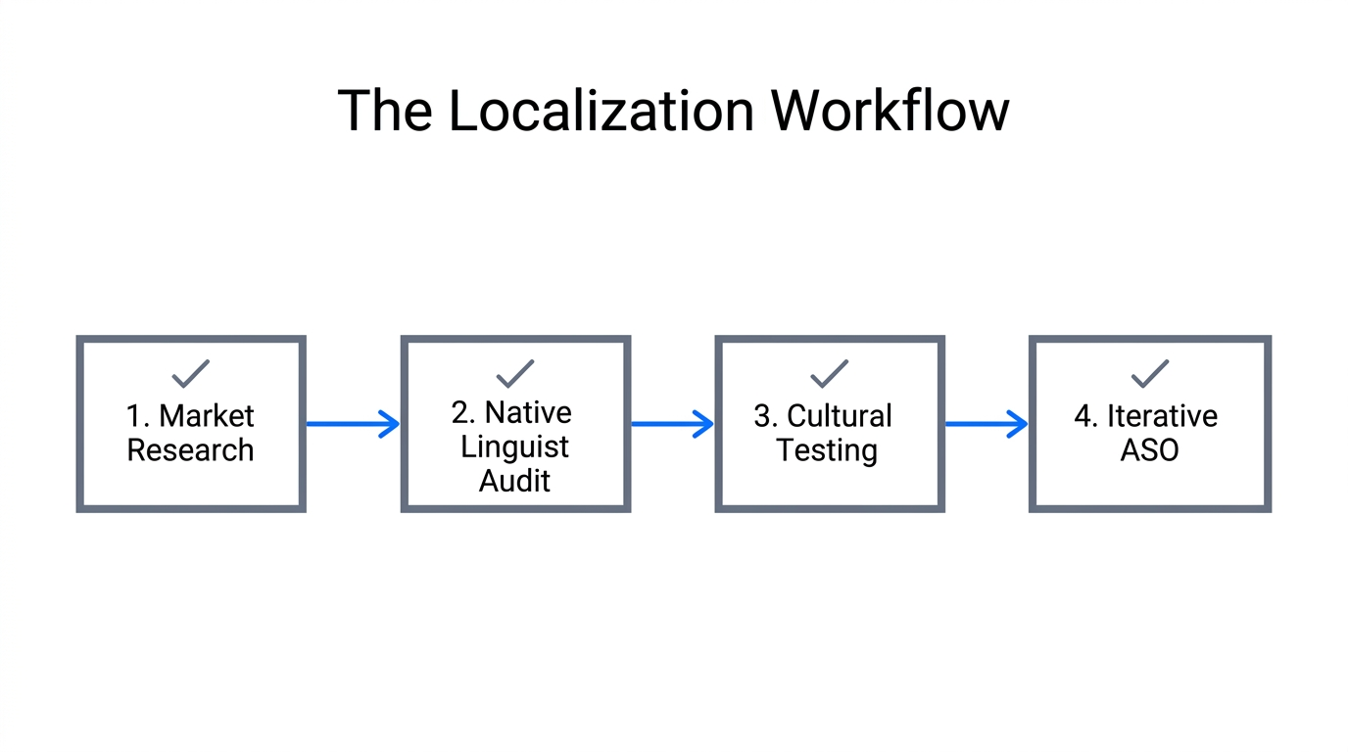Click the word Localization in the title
[602, 111]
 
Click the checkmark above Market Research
[191, 373]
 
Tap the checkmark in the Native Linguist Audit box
[515, 373]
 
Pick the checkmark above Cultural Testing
[829, 373]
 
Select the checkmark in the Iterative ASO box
[1150, 373]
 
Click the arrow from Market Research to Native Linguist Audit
[353, 424]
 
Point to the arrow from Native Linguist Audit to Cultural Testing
[672, 424]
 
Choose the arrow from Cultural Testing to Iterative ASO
[987, 424]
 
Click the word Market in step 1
[207, 416]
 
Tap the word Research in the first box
[191, 450]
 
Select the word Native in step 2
[528, 412]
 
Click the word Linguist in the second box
[515, 446]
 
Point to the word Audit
[515, 481]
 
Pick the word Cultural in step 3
[840, 416]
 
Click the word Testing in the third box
[828, 450]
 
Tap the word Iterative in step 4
[1162, 416]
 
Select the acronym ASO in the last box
[1150, 450]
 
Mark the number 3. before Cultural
[766, 416]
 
